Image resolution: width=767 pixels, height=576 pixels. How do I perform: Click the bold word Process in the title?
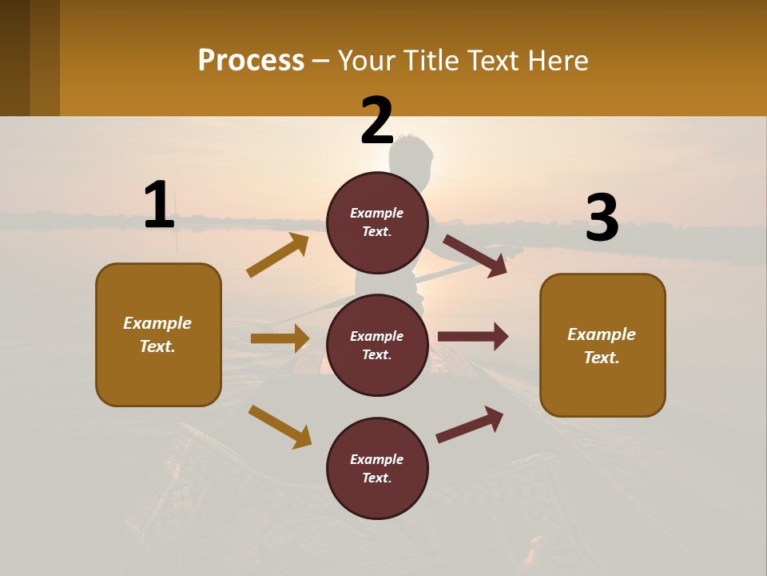tap(251, 60)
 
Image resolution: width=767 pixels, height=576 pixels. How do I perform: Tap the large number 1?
tap(159, 206)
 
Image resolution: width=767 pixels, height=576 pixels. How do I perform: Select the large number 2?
tap(377, 122)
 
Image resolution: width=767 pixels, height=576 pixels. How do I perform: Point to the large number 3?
tap(602, 218)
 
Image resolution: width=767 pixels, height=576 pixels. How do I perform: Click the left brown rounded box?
tap(158, 334)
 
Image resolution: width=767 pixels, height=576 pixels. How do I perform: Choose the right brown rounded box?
tap(602, 345)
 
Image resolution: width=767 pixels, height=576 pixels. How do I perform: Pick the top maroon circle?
tap(377, 222)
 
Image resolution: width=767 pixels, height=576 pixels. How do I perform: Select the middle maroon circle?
tap(377, 345)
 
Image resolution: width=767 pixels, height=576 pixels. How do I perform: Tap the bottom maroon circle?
tap(377, 468)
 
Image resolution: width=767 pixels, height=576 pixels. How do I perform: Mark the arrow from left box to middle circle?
tap(280, 338)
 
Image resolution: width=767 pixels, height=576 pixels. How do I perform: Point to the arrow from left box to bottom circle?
tap(280, 426)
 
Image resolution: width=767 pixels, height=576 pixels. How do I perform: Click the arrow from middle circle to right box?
tap(473, 337)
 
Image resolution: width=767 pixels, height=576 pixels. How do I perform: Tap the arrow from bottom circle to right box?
tap(470, 424)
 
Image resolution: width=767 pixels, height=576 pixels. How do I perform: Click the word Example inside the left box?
tap(157, 323)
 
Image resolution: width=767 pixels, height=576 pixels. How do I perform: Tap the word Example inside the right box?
tap(602, 334)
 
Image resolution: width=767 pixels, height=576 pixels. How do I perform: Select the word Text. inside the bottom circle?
tap(377, 478)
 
